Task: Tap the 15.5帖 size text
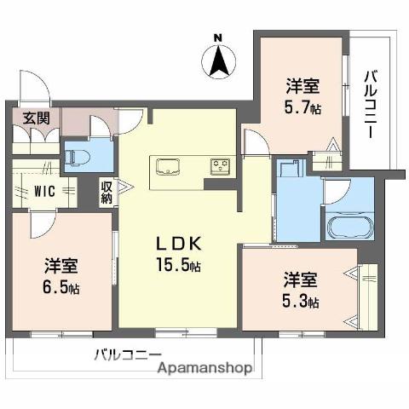(x=177, y=266)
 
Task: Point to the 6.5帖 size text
(x=60, y=287)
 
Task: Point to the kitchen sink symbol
(x=166, y=164)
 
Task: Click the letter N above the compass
(x=218, y=37)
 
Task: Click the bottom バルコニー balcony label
(x=127, y=354)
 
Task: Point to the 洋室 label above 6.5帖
(x=60, y=265)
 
